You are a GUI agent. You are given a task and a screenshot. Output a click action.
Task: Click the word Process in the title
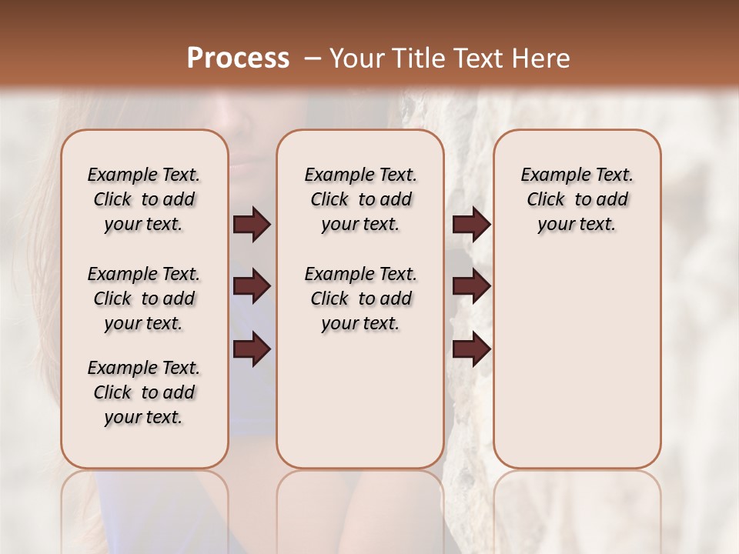pos(238,58)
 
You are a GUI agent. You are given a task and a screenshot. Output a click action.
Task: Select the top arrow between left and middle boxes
pos(252,224)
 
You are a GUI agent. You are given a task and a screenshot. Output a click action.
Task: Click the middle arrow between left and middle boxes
pos(252,287)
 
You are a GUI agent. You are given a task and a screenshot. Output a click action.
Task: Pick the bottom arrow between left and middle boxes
pos(252,349)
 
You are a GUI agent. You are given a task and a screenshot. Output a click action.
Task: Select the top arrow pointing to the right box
pos(471,224)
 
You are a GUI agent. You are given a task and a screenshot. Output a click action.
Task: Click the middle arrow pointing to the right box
pos(471,287)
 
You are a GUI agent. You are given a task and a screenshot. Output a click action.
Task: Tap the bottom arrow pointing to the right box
pos(471,349)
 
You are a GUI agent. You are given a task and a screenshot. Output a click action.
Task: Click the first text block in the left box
pos(144,199)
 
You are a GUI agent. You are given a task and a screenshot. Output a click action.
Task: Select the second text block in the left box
pos(144,299)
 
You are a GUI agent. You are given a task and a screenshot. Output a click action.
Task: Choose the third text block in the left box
pos(144,392)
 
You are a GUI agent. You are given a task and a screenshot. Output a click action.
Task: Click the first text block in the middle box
pos(360,199)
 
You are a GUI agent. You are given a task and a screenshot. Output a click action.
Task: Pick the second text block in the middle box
pos(360,299)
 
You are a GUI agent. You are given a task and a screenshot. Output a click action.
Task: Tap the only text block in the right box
pos(577,199)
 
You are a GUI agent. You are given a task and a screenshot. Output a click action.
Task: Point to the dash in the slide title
pos(312,58)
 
